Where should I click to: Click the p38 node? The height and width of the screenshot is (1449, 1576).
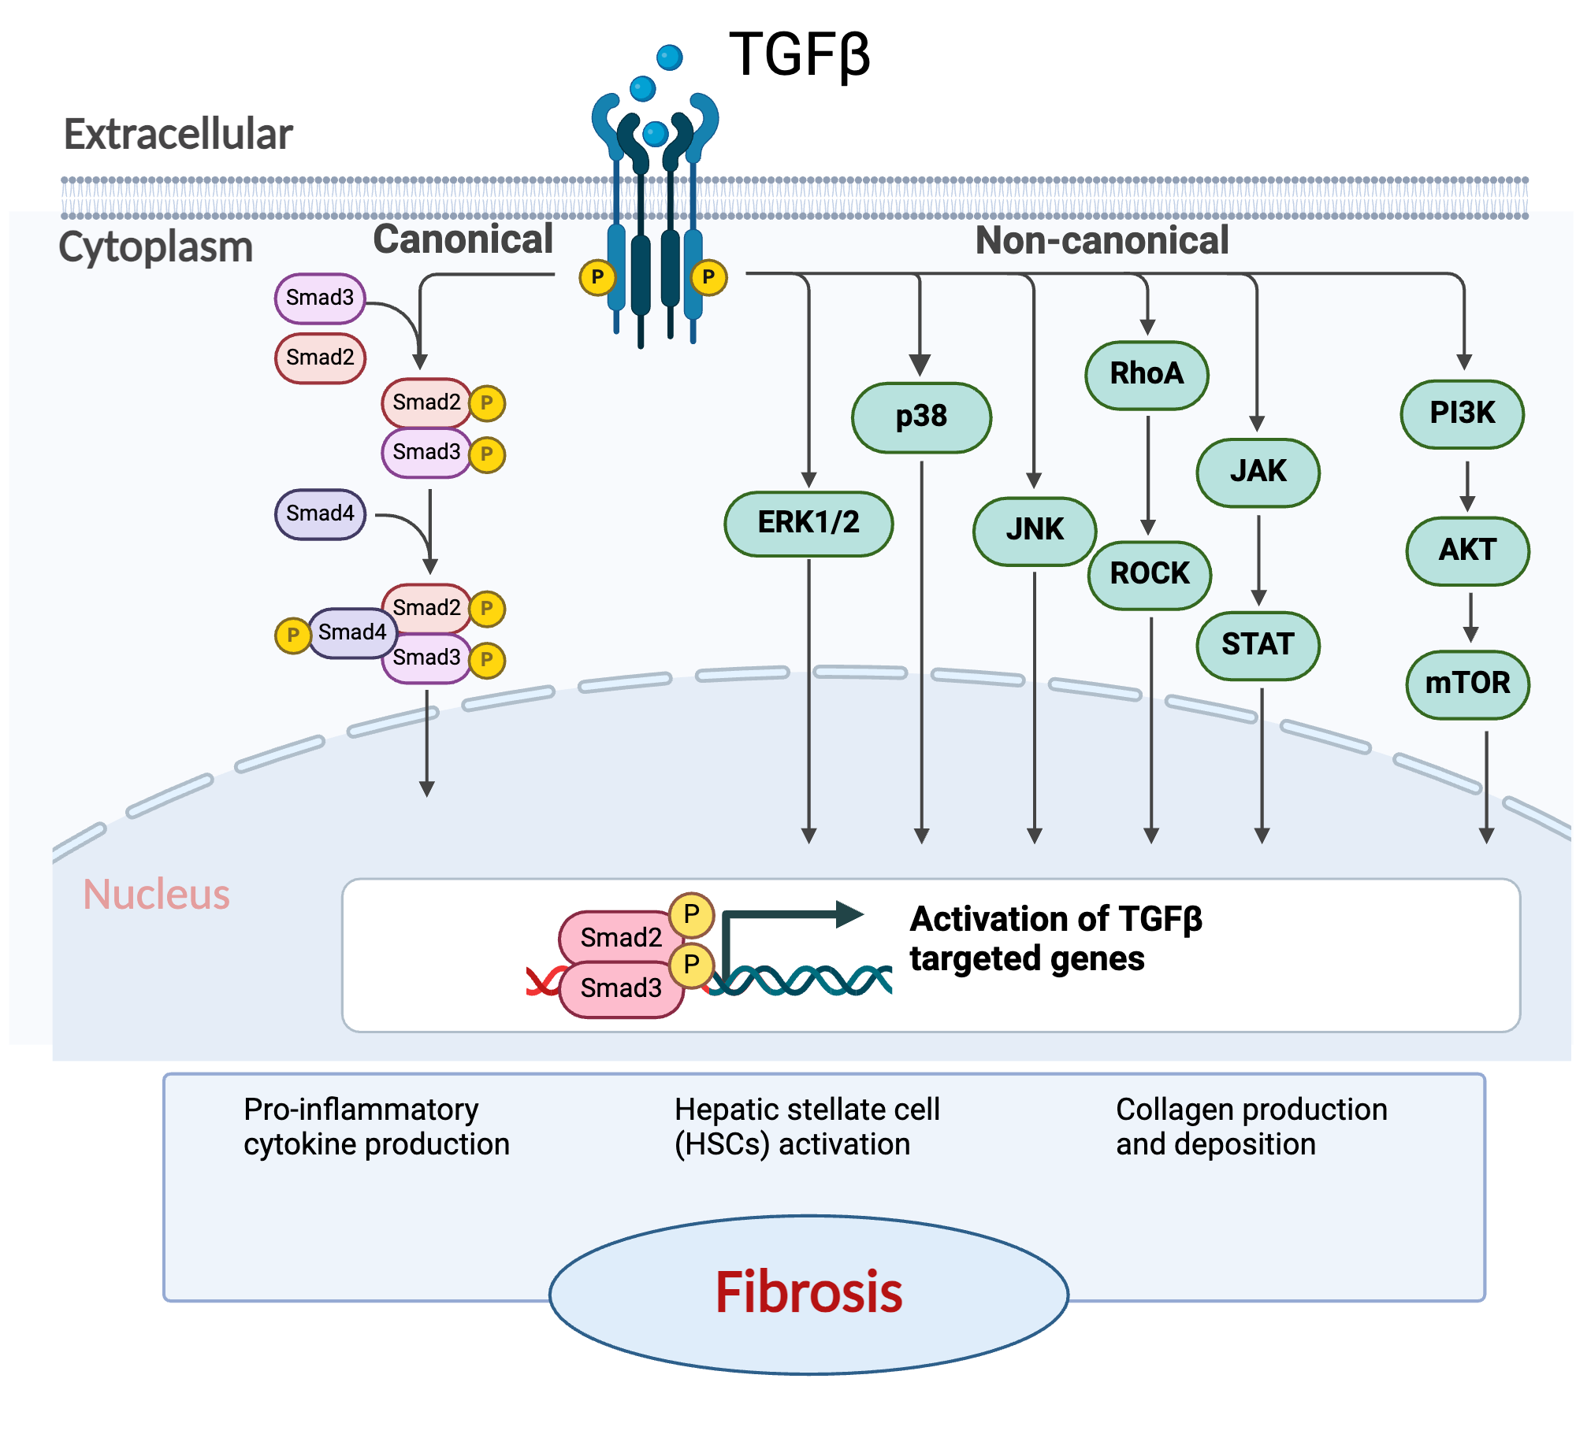point(921,417)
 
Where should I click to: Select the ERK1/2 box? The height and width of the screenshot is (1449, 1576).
point(808,523)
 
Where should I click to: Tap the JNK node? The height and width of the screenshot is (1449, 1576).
point(1034,530)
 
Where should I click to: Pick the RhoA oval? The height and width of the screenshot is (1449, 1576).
point(1147,375)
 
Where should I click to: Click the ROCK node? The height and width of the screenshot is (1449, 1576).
point(1150,574)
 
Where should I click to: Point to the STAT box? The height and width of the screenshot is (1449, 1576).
point(1258,645)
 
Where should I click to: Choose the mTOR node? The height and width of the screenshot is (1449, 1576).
point(1467,684)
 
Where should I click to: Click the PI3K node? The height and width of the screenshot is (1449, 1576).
point(1462,413)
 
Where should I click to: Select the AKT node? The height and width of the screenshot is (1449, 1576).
point(1467,550)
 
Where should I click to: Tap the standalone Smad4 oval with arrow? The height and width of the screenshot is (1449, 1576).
point(320,514)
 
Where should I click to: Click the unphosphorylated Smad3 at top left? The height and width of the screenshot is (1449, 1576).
point(320,298)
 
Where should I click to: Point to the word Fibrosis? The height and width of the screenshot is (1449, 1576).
point(808,1293)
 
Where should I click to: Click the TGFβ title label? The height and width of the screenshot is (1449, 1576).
point(799,55)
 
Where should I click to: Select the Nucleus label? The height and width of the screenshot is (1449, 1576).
point(156,895)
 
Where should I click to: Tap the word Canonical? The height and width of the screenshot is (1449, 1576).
point(463,239)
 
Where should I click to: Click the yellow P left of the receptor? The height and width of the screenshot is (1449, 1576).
point(597,277)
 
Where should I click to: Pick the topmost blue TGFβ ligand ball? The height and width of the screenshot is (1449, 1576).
point(669,57)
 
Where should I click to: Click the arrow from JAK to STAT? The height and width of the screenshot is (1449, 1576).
point(1258,559)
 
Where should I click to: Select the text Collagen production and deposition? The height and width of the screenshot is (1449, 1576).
point(1251,1126)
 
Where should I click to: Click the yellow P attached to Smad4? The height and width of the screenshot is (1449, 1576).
point(292,636)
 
